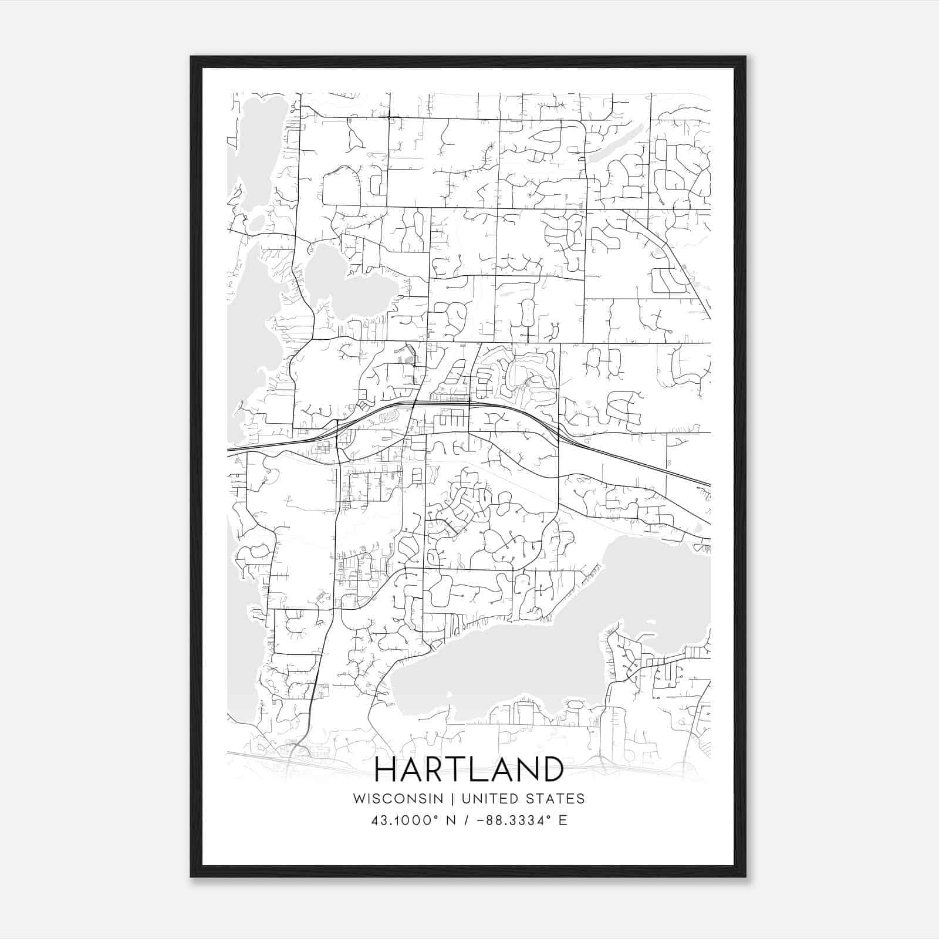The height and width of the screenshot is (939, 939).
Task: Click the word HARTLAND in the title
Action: (468, 769)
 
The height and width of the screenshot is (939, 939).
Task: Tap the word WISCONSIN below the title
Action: (398, 799)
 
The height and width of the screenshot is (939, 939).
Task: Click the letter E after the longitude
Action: (563, 820)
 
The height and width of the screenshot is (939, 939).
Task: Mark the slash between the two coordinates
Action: (467, 820)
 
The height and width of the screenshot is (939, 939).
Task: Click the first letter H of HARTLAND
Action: (386, 769)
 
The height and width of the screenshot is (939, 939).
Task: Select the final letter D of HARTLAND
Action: (552, 769)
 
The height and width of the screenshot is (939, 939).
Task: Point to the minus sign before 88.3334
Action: (482, 820)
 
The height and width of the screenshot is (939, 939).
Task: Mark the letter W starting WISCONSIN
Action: (359, 799)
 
